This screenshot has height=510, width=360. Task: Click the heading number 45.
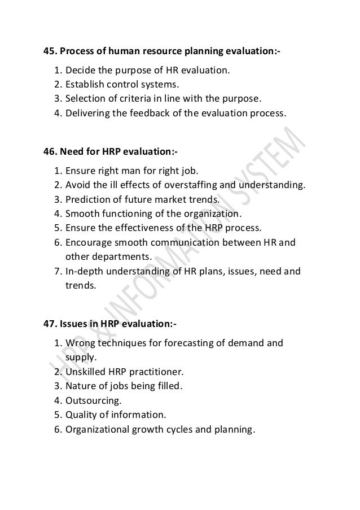[50, 53]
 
